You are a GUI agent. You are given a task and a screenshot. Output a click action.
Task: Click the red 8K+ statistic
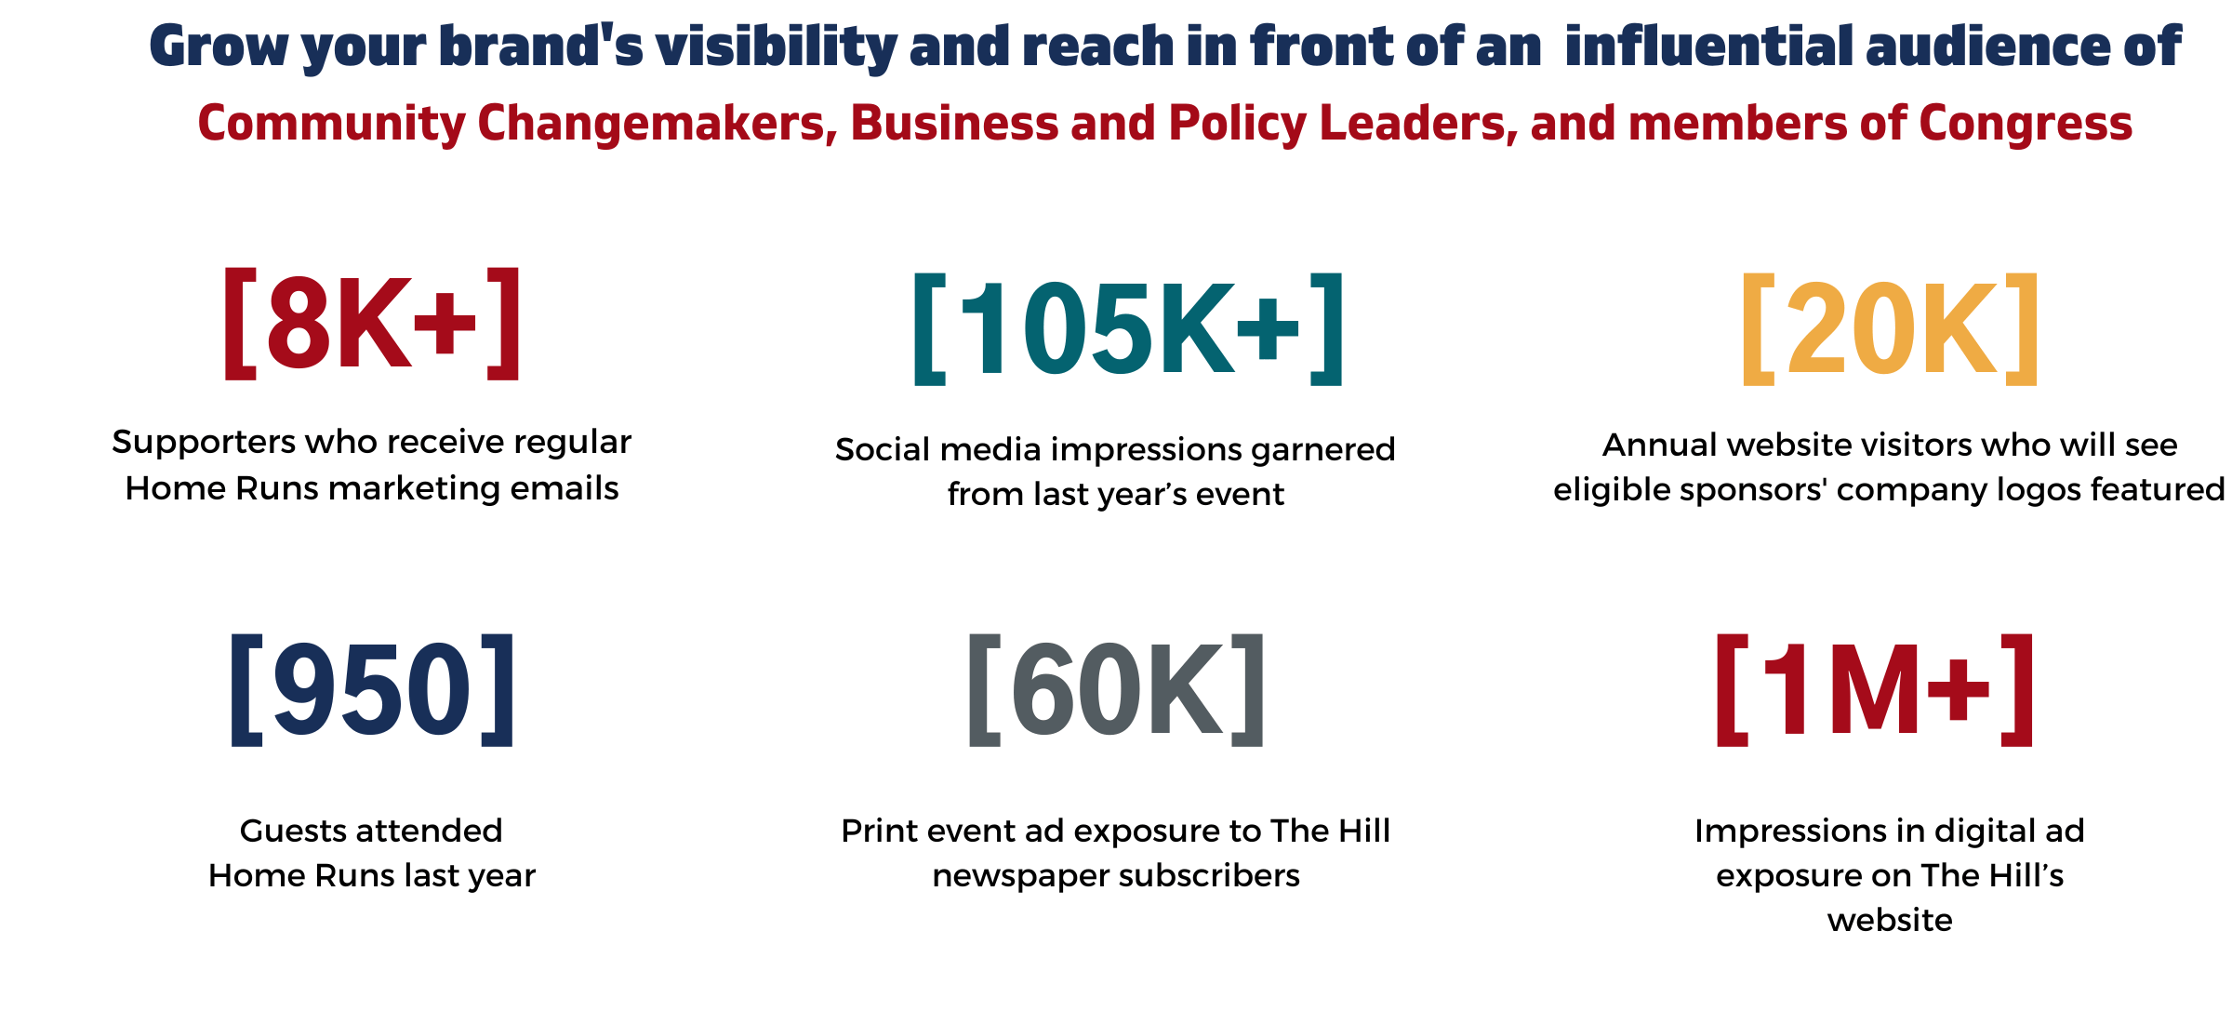tap(372, 324)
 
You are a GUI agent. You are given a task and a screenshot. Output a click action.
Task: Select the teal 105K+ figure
tap(1128, 329)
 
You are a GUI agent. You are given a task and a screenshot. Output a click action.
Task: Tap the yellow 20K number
tap(1891, 329)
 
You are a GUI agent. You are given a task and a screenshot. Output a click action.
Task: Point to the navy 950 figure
tap(372, 689)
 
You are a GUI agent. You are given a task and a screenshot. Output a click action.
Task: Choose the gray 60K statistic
tap(1116, 689)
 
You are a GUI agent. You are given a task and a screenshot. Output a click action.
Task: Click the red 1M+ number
tap(1875, 689)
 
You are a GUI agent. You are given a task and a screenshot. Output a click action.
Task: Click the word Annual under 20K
tap(1661, 445)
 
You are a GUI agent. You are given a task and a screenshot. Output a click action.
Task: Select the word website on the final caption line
tap(1890, 921)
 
